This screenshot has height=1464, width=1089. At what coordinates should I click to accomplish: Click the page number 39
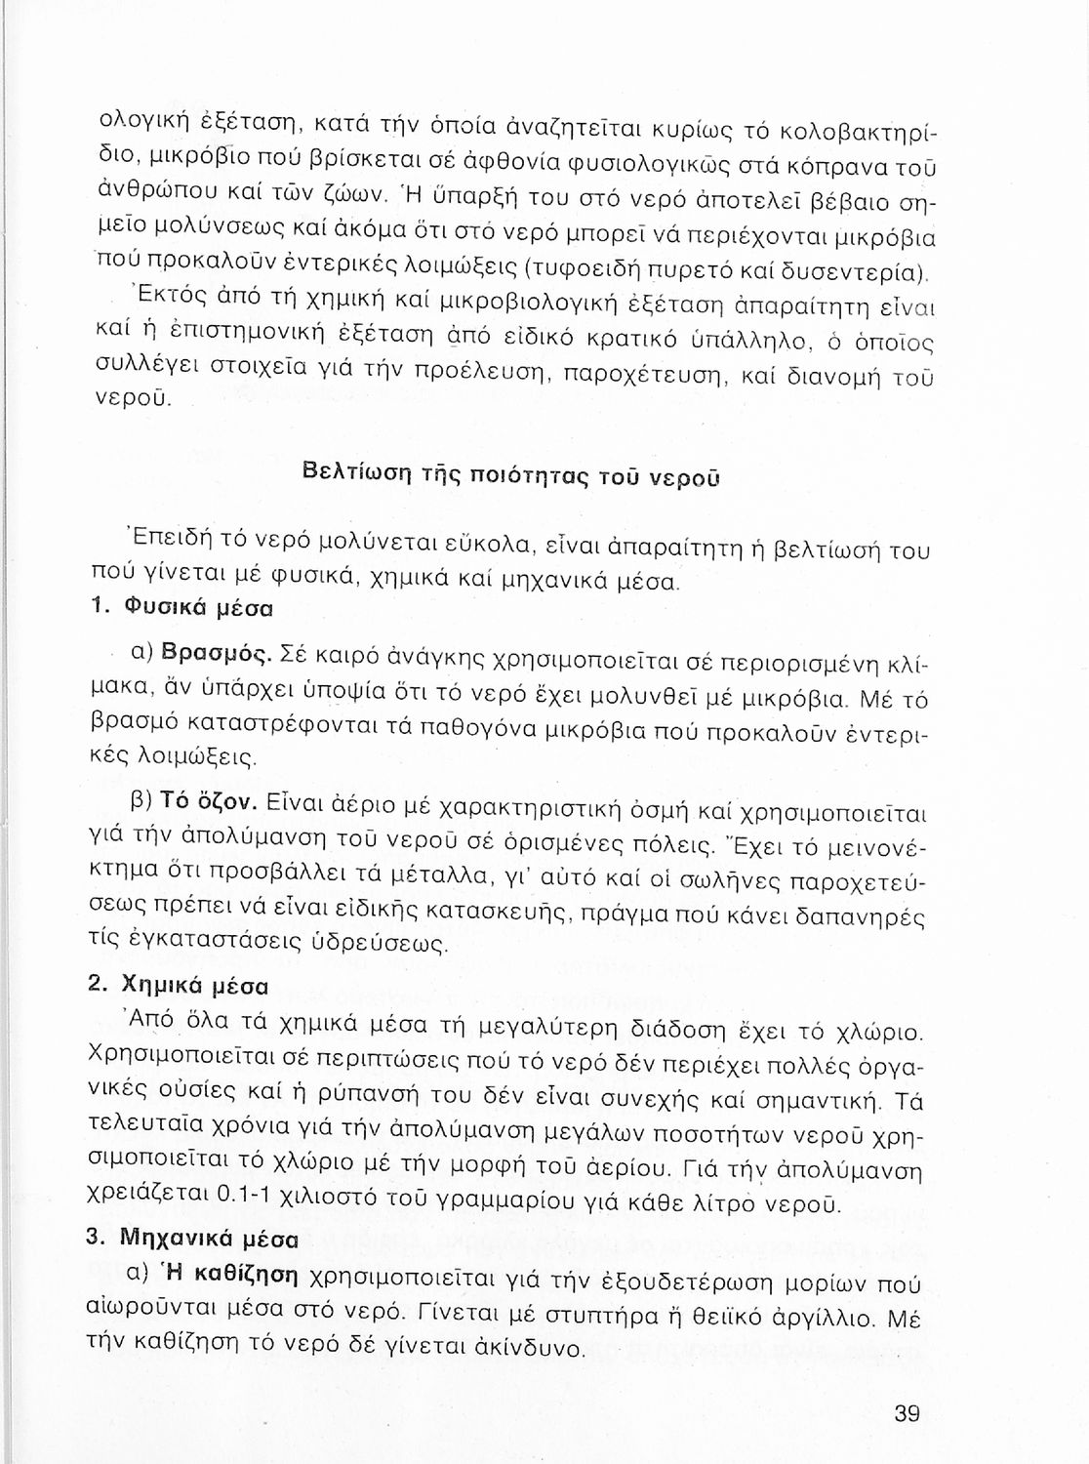pos(907,1413)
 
